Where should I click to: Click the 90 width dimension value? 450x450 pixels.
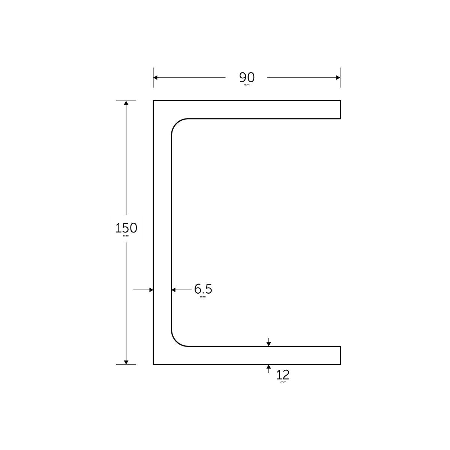pos(247,77)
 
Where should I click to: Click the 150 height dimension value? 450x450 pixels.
pos(126,228)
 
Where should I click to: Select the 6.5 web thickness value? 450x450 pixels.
pos(203,289)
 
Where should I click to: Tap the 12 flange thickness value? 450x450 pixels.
pos(283,375)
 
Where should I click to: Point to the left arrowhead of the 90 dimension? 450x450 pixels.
pos(156,78)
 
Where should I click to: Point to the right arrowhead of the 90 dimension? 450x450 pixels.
pos(337,78)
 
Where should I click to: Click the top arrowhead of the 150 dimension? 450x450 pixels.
pos(126,104)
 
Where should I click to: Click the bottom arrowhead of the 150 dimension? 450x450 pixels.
pos(126,361)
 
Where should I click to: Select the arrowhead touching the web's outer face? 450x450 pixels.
pos(151,289)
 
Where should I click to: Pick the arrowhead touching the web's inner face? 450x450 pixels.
pos(174,289)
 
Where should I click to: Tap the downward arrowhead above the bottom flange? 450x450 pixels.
pos(268,343)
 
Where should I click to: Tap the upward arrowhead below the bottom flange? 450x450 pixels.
pos(268,367)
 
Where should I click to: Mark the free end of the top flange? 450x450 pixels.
pos(340,109)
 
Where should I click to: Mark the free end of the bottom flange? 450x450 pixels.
pos(340,355)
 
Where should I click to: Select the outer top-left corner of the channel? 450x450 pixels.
pos(154,101)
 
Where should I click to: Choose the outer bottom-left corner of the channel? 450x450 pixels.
pos(154,364)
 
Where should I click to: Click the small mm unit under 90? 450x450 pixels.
pos(246,85)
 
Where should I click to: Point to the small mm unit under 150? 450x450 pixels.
pos(126,236)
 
